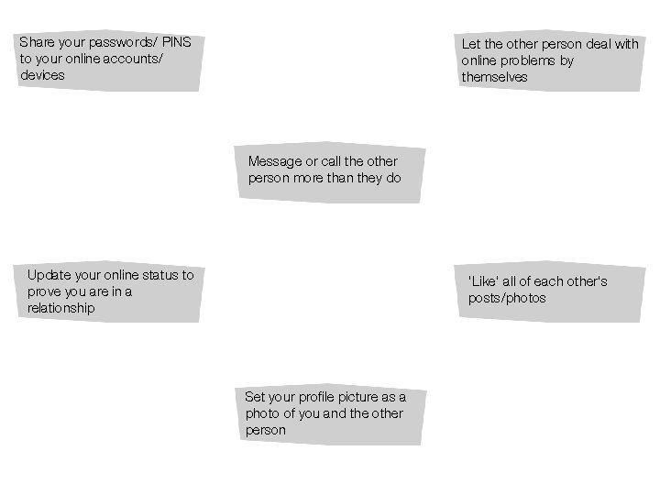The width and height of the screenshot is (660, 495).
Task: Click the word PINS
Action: point(177,42)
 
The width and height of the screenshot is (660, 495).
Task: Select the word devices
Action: point(42,75)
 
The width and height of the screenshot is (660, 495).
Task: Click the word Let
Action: point(470,44)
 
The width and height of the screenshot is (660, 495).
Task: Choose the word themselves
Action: point(494,77)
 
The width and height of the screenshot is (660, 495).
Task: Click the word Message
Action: point(275,161)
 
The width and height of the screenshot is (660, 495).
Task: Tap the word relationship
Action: point(60,308)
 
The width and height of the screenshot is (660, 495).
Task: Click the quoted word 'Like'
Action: point(483,281)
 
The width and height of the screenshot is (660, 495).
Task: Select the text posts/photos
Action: point(506,298)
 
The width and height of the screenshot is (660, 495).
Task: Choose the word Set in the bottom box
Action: point(255,397)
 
